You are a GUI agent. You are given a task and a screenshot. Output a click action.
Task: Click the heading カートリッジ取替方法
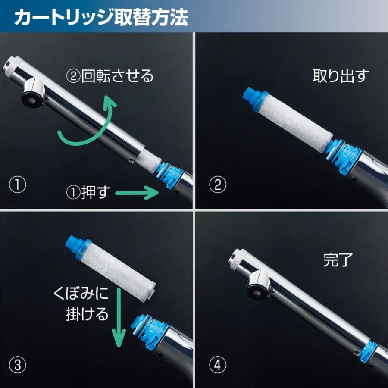coord(101,17)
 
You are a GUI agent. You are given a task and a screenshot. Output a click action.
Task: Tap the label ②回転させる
coord(110,76)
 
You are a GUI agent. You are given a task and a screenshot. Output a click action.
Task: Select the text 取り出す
coord(341,76)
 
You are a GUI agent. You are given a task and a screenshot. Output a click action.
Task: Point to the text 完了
coord(338,260)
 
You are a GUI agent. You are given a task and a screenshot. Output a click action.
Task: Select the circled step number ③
coord(18,366)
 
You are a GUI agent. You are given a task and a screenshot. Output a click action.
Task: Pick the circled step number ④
coord(217,366)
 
